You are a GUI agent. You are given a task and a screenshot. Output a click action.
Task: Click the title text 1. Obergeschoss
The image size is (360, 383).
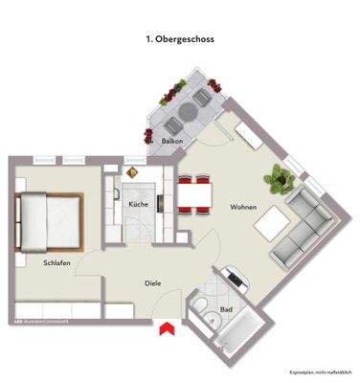(180, 40)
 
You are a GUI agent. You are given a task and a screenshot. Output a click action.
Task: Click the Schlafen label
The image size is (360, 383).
(56, 261)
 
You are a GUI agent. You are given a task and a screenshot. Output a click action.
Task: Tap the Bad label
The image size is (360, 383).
(227, 310)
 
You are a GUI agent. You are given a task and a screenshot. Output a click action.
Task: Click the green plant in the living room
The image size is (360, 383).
(280, 177)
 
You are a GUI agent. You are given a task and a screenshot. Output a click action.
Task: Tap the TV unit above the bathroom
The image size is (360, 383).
(235, 279)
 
